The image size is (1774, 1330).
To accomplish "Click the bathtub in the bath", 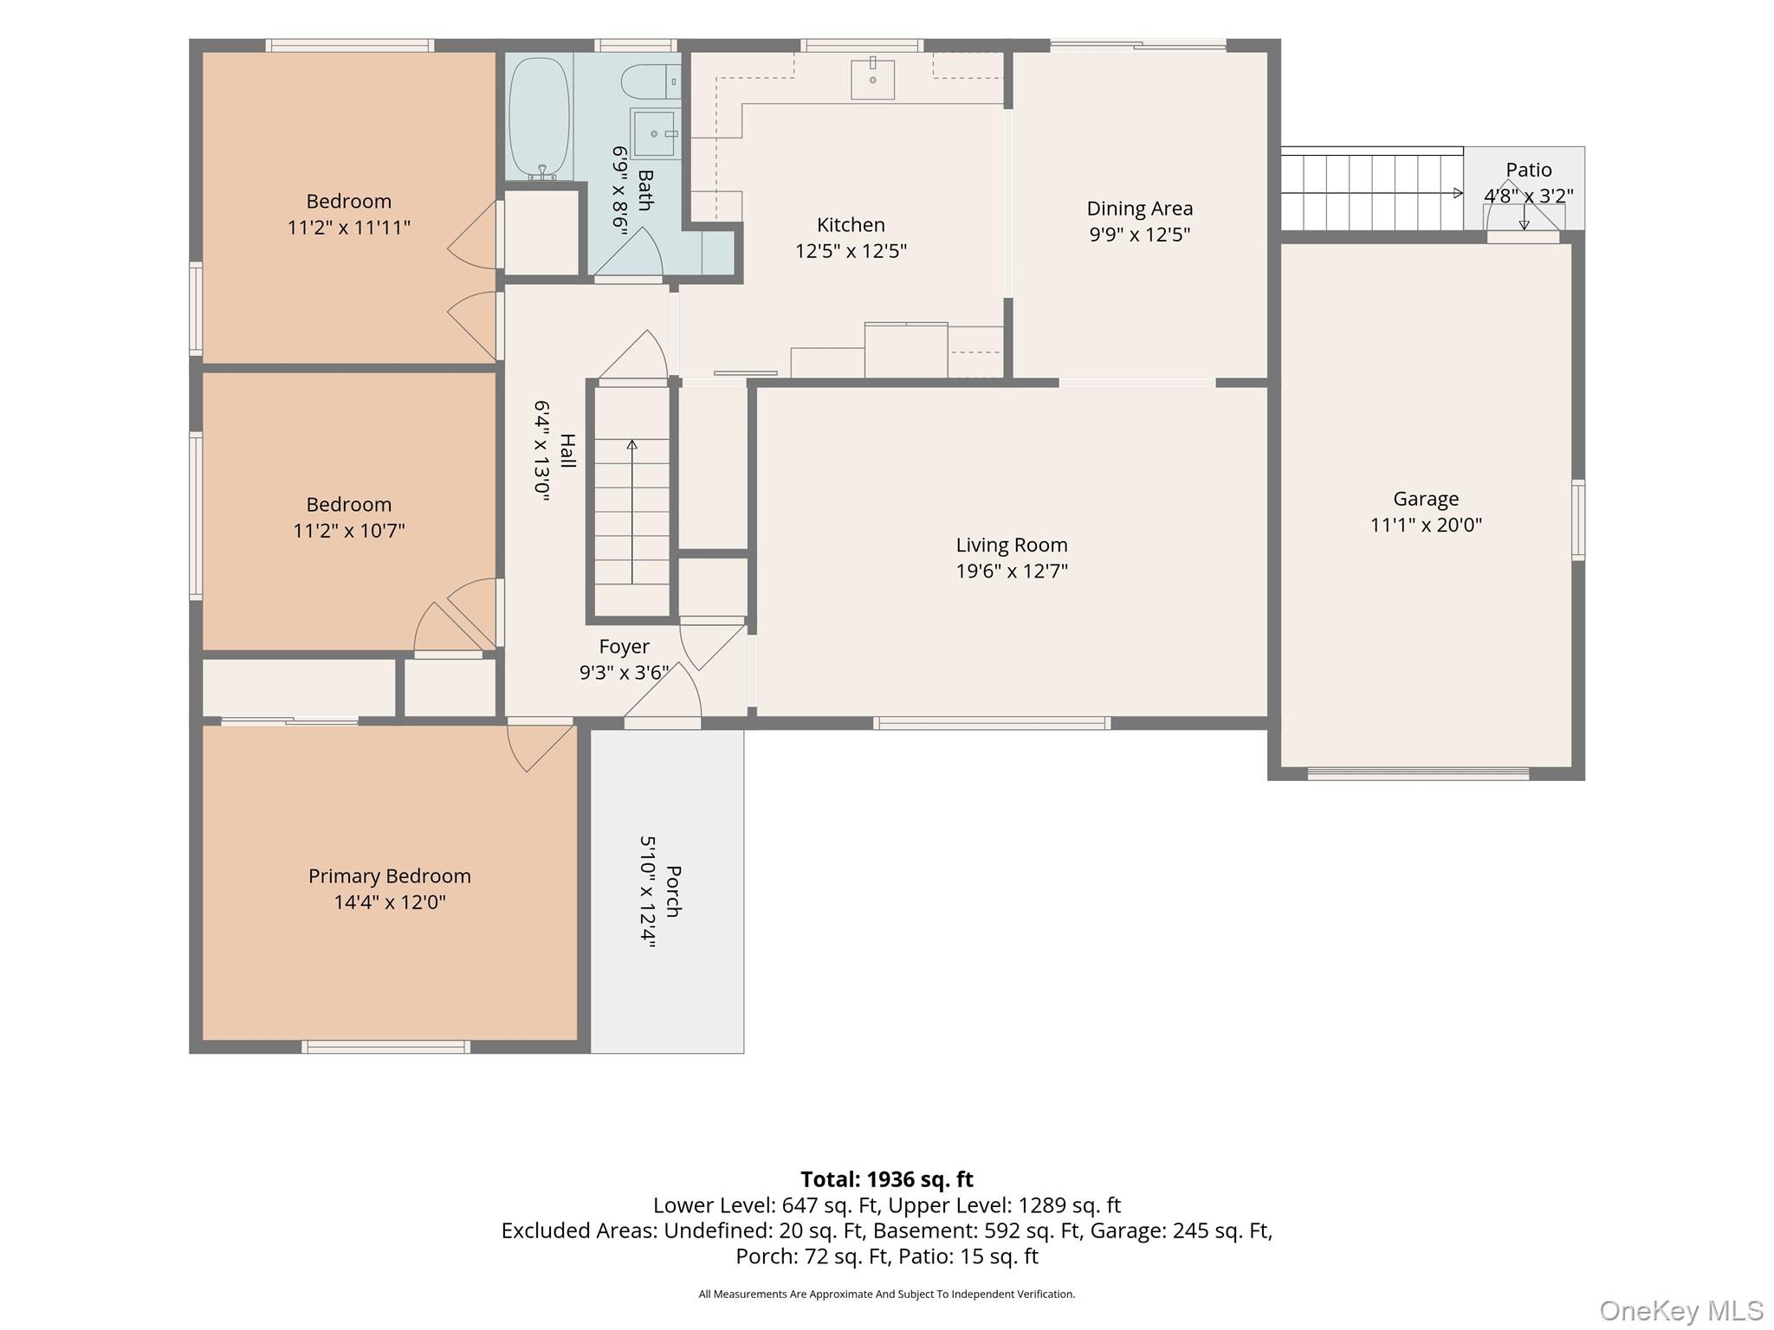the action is click(x=539, y=118).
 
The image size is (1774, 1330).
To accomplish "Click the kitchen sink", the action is click(x=872, y=78).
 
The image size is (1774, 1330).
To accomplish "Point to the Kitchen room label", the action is click(x=851, y=225).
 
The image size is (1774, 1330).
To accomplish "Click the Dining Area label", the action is click(x=1140, y=209).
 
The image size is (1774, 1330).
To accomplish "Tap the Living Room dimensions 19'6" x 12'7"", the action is click(x=1012, y=571).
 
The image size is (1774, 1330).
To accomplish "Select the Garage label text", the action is click(x=1426, y=499).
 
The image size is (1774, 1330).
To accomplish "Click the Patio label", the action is click(x=1529, y=170).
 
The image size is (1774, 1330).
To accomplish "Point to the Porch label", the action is click(x=673, y=891).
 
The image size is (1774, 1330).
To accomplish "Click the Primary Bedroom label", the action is click(x=390, y=876).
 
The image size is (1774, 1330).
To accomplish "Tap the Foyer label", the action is click(x=624, y=647).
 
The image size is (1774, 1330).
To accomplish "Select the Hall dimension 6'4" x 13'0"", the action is click(x=542, y=451).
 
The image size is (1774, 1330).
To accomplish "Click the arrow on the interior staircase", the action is click(x=632, y=512).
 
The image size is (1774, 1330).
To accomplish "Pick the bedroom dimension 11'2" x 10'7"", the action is click(x=349, y=531).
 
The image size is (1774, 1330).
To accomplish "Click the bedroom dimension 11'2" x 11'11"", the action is click(x=349, y=228).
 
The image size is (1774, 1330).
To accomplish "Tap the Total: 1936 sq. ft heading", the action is click(x=887, y=1179).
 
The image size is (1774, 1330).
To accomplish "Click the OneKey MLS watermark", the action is click(x=1681, y=1311).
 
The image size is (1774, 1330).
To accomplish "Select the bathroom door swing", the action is click(x=629, y=253).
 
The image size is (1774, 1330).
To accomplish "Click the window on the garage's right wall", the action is click(x=1578, y=520).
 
